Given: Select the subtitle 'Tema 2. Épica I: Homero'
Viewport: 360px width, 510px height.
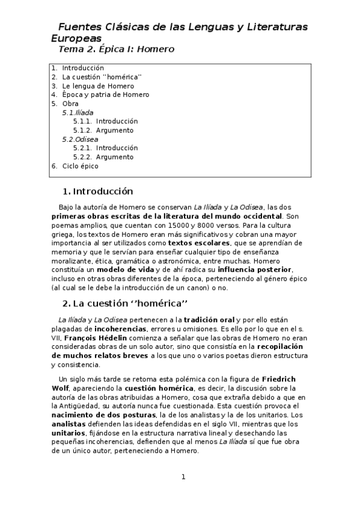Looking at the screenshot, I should (116, 49).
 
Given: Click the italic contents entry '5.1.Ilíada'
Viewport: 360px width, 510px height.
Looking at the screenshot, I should (78, 112).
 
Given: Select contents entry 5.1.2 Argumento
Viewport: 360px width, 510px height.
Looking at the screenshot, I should (103, 130).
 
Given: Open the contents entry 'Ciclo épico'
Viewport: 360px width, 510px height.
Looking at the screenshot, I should (80, 166).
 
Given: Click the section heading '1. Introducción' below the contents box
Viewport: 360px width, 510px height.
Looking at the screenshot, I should (97, 192).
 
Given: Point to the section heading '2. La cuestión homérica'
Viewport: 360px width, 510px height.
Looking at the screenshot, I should (125, 302).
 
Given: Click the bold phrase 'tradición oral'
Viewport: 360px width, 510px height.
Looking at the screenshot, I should (209, 320).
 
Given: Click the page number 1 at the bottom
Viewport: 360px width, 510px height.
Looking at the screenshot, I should (184, 478).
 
